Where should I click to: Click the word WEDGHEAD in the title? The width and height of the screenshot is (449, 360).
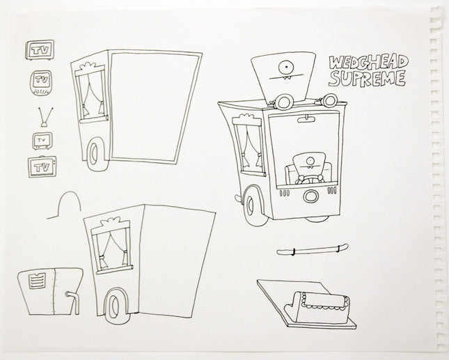368,63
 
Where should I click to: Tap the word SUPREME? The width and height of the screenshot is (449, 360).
367,79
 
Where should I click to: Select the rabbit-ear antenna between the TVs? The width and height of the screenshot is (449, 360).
45,117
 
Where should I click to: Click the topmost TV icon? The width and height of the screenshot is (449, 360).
40,50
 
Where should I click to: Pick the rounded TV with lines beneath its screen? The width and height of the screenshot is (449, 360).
41,83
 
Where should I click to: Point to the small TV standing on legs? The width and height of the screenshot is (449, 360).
42,141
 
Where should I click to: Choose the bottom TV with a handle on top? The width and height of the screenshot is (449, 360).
42,166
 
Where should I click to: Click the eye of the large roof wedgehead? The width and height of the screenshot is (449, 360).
286,68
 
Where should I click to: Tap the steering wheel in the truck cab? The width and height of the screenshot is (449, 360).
310,179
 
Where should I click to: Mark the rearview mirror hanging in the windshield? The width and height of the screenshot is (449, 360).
307,119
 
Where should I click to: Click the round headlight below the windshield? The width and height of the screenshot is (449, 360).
310,196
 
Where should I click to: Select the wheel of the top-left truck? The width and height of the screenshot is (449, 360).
94,154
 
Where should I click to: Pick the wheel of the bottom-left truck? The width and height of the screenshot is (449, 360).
115,306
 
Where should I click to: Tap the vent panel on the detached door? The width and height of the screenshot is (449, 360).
37,281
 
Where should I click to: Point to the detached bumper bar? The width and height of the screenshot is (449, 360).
313,250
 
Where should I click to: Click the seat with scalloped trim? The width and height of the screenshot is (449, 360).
317,307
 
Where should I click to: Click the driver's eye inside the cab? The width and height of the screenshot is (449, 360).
309,160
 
